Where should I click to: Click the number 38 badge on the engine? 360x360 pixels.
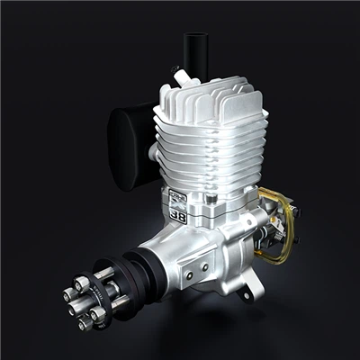[x=178, y=216]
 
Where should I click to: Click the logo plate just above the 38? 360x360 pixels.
[x=177, y=200]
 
